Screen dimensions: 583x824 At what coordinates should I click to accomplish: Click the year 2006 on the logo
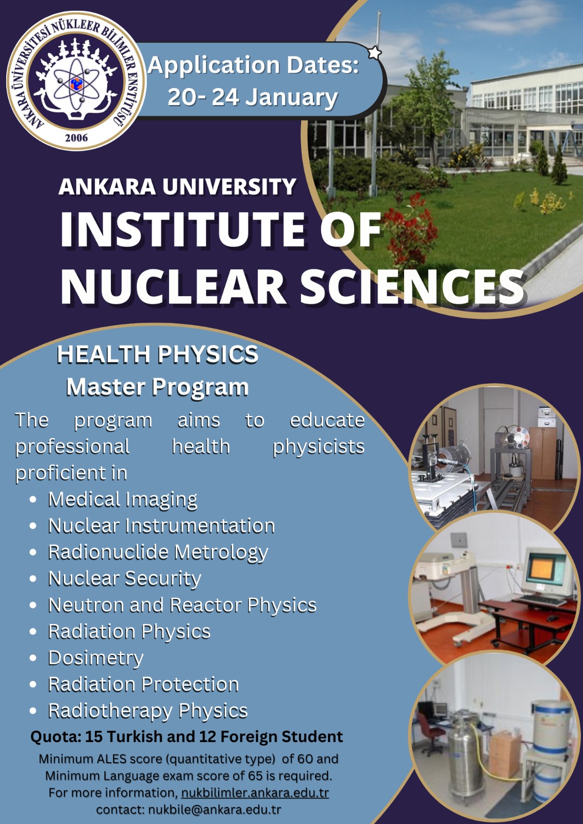coord(76,138)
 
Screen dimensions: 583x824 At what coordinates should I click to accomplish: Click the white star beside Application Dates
coord(375,53)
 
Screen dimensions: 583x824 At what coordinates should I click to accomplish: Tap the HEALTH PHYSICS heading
coord(158,354)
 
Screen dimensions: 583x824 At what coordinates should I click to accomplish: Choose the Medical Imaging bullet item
coord(123,500)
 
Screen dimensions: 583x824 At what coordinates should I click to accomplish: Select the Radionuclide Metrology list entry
coord(158,553)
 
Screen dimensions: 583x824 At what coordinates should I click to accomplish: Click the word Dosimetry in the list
coord(96,659)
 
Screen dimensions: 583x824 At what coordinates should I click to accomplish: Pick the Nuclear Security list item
coord(125,579)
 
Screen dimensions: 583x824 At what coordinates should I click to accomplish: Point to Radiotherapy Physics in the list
coord(148,711)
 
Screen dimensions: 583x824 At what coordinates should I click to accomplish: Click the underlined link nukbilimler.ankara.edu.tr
coord(255,793)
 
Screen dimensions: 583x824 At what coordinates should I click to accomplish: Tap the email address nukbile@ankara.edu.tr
coord(215,810)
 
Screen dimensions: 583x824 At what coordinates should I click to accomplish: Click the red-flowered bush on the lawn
coord(411,231)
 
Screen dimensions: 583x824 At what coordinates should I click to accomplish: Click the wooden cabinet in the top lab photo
coord(543,453)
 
